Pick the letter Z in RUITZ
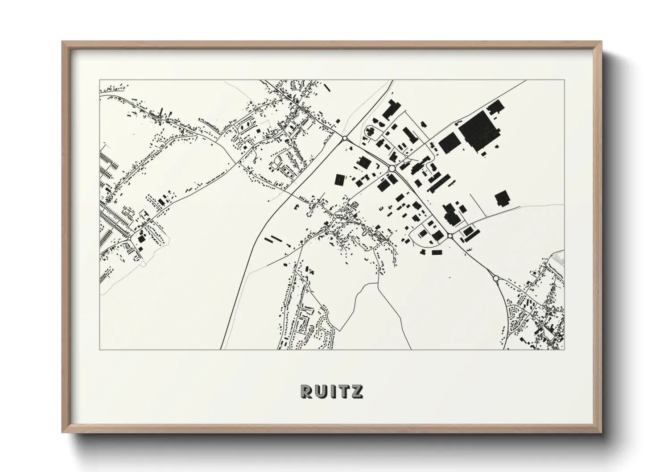tap(357, 391)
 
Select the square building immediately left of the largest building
tap(449, 142)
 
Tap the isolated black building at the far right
tap(502, 199)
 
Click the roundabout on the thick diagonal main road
tap(344, 138)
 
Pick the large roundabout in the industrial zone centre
tap(392, 169)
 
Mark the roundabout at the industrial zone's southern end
tap(450, 235)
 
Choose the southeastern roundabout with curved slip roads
tap(496, 278)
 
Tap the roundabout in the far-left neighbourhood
tap(128, 240)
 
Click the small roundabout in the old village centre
tap(334, 219)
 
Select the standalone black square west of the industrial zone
tap(340, 179)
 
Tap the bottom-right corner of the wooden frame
tap(601, 432)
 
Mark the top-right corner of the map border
tap(564, 80)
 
